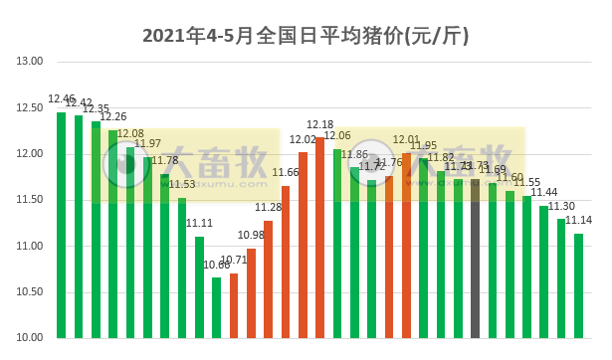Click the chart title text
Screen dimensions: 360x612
[306, 36]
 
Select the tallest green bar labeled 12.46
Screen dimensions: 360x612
[62, 225]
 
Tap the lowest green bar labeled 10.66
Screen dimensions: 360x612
[217, 307]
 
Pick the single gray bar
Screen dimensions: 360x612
[476, 259]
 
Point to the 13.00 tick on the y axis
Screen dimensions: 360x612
[31, 62]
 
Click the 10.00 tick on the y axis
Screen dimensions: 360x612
[31, 338]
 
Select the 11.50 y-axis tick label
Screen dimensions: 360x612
[31, 200]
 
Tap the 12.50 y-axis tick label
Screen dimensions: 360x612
[31, 107]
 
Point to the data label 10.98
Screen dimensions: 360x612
[251, 235]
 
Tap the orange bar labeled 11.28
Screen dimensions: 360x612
[269, 278]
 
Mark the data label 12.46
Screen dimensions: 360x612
[62, 99]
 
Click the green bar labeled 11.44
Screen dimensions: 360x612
[544, 271]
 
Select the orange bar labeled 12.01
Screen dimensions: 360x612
[406, 245]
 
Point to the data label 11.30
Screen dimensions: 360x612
[562, 206]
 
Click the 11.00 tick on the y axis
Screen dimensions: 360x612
[31, 246]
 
